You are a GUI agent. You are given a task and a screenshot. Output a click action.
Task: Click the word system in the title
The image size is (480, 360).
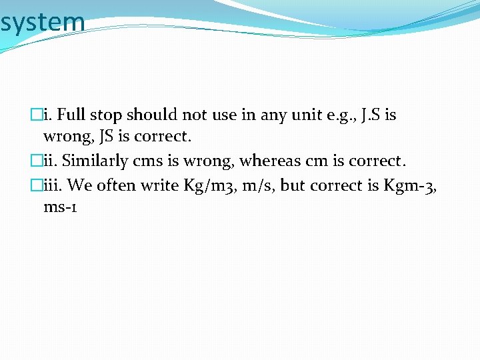tap(43, 22)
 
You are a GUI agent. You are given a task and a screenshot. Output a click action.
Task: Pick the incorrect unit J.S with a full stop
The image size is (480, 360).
tap(368, 115)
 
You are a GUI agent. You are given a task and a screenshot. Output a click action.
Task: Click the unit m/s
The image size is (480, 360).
tap(257, 185)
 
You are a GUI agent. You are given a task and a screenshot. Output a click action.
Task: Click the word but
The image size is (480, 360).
tap(292, 185)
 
